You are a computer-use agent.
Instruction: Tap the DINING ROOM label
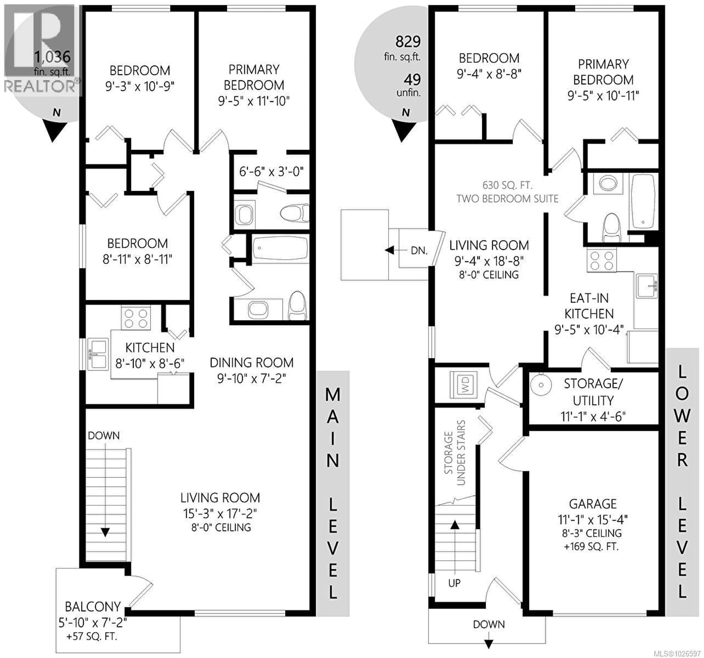pyautogui.click(x=251, y=363)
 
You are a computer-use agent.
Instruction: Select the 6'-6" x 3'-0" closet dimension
pyautogui.click(x=271, y=172)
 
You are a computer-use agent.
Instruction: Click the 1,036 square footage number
pyautogui.click(x=52, y=57)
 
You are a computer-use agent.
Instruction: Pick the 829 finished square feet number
pyautogui.click(x=408, y=42)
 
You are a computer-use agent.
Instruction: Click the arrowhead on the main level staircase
pyautogui.click(x=105, y=532)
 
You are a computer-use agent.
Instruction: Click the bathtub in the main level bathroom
pyautogui.click(x=280, y=248)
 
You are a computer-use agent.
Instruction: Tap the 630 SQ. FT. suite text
pyautogui.click(x=507, y=185)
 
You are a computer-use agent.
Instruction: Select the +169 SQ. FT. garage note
pyautogui.click(x=591, y=547)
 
